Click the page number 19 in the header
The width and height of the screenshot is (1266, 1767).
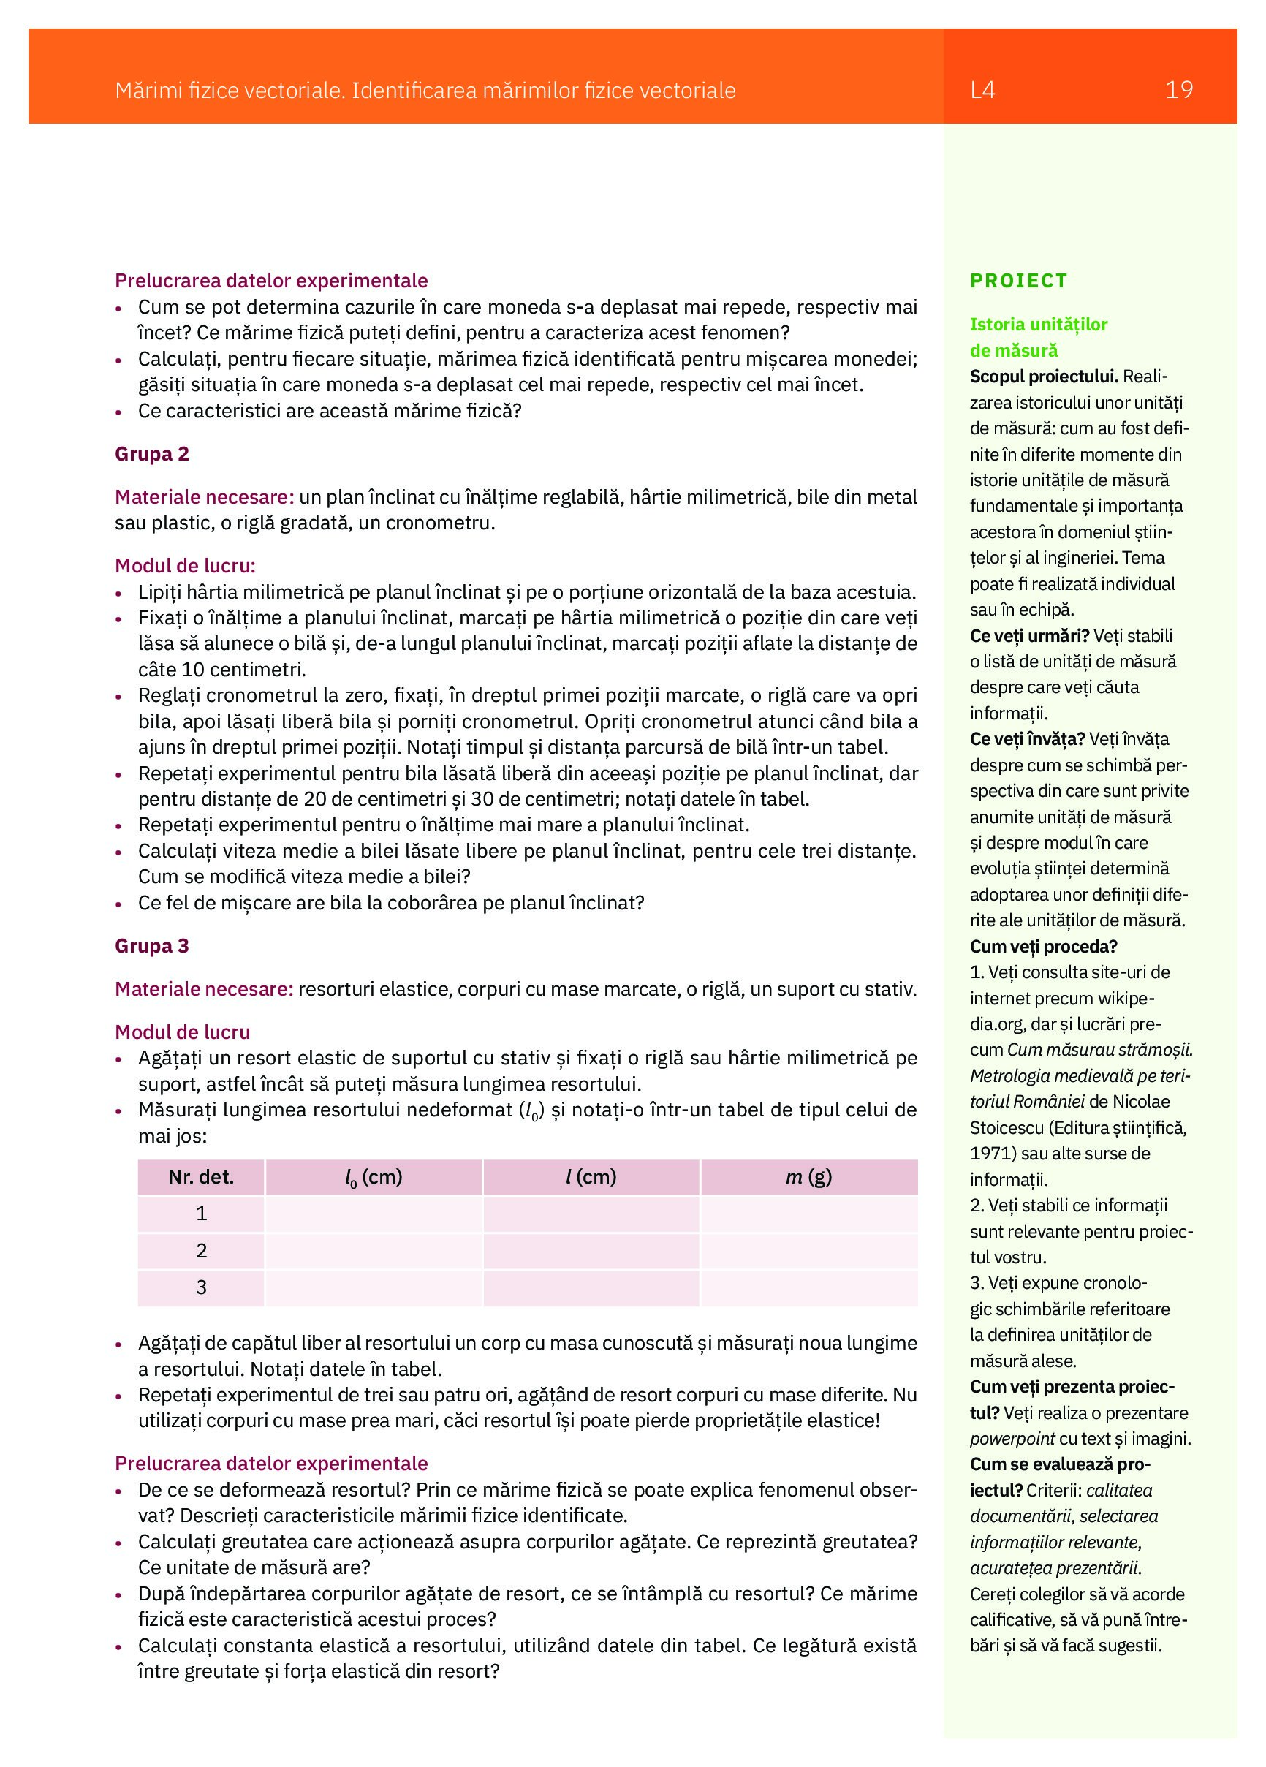pyautogui.click(x=1178, y=91)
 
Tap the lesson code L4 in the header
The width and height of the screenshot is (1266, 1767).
pyautogui.click(x=982, y=91)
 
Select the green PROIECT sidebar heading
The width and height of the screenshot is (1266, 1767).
pyautogui.click(x=1018, y=281)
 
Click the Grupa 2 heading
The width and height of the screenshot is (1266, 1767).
pyautogui.click(x=152, y=453)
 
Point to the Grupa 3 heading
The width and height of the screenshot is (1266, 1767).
pyautogui.click(x=152, y=945)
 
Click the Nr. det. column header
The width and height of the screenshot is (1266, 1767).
pyautogui.click(x=201, y=1176)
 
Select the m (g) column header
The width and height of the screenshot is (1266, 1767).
pyautogui.click(x=808, y=1176)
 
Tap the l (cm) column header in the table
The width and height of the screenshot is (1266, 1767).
pyautogui.click(x=591, y=1176)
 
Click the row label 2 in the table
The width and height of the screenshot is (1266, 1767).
pyautogui.click(x=201, y=1250)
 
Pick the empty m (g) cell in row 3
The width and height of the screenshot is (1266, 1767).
pyautogui.click(x=808, y=1287)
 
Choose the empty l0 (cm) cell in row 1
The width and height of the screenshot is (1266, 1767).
pyautogui.click(x=374, y=1214)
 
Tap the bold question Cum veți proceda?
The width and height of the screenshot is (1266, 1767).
pyautogui.click(x=1043, y=946)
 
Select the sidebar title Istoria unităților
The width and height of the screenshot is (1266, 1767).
pyautogui.click(x=1039, y=324)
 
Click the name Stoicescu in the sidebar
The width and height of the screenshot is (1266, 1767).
pyautogui.click(x=1007, y=1127)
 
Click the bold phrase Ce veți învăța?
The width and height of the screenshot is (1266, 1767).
pyautogui.click(x=1027, y=738)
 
